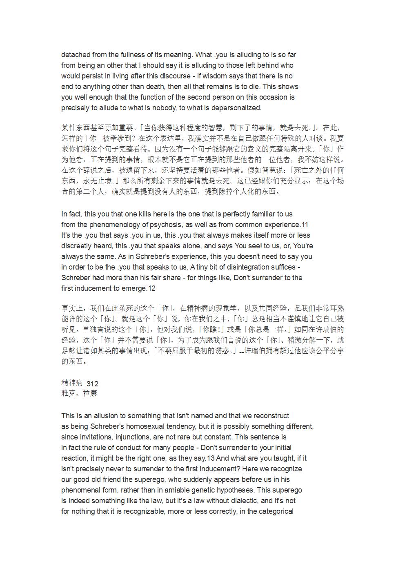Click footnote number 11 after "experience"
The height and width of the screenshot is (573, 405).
[x=304, y=225]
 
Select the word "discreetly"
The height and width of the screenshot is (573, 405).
[x=78, y=246]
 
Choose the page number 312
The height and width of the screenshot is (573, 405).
[x=93, y=383]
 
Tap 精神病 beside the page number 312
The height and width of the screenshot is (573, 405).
[x=72, y=383]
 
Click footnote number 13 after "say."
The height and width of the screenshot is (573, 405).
[x=211, y=458]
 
